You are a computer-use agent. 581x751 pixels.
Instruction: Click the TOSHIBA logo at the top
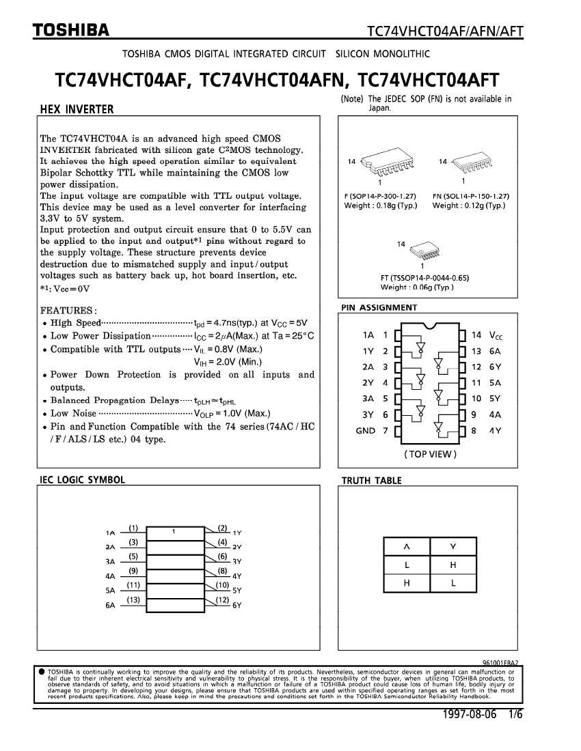(x=71, y=30)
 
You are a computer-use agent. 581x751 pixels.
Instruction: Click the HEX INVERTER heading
(x=77, y=109)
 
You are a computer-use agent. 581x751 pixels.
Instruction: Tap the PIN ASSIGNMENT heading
(x=379, y=308)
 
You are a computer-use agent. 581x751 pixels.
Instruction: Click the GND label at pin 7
(x=366, y=430)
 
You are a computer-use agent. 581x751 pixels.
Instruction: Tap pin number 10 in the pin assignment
(x=476, y=398)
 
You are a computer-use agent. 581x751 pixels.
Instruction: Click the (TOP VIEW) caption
(x=430, y=454)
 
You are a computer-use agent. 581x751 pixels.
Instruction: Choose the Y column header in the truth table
(x=453, y=547)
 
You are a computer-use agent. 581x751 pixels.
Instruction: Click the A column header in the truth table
(x=407, y=547)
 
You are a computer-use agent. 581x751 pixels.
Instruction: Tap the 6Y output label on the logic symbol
(x=238, y=605)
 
